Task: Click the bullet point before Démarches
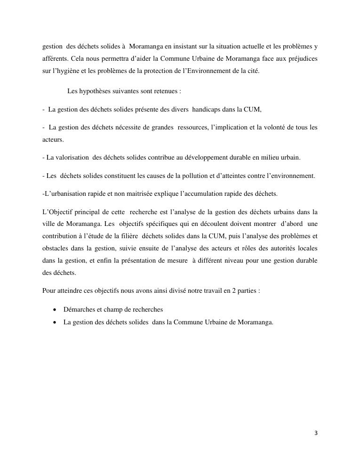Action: point(56,309)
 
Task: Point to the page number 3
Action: point(316,433)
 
